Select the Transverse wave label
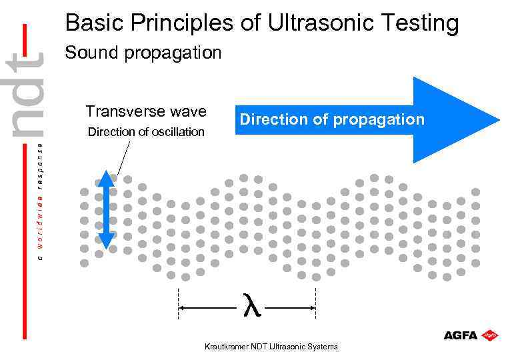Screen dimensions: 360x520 pos(146,111)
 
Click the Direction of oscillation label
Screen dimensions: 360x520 pos(146,131)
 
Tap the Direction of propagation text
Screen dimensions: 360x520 pos(331,119)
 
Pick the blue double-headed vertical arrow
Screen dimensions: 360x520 pos(106,209)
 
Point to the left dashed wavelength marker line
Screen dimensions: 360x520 pos(178,303)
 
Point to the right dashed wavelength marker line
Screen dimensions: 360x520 pos(315,303)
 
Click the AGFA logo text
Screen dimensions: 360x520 pos(460,335)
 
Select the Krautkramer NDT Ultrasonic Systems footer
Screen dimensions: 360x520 pos(271,347)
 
